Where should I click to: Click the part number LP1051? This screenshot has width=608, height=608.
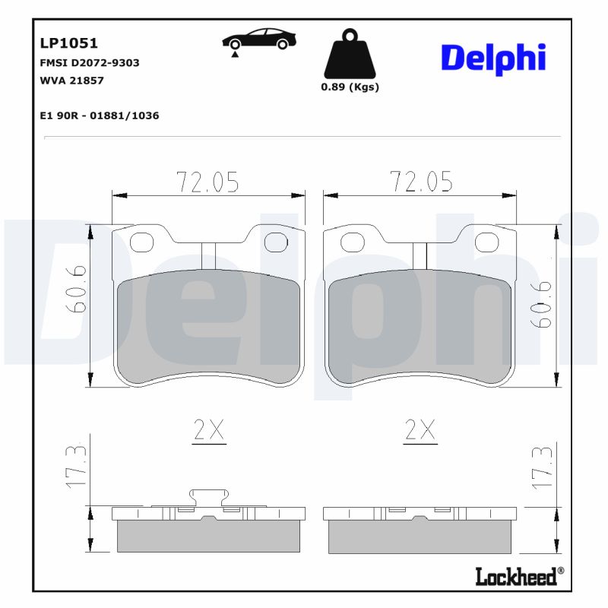point(68,44)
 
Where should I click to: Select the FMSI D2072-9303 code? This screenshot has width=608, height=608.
point(89,63)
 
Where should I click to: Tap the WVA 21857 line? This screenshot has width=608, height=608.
point(71,80)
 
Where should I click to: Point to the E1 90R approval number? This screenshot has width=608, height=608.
point(99,116)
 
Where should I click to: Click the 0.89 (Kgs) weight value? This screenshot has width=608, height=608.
point(350,87)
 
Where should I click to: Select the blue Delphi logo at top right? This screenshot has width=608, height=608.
point(493,57)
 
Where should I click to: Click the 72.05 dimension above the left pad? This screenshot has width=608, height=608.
point(207,182)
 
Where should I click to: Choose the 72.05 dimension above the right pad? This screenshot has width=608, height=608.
point(421,182)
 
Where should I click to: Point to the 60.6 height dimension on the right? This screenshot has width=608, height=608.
point(543,304)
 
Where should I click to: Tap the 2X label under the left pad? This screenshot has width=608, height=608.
point(208,432)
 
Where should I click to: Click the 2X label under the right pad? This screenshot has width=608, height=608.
point(420,432)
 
